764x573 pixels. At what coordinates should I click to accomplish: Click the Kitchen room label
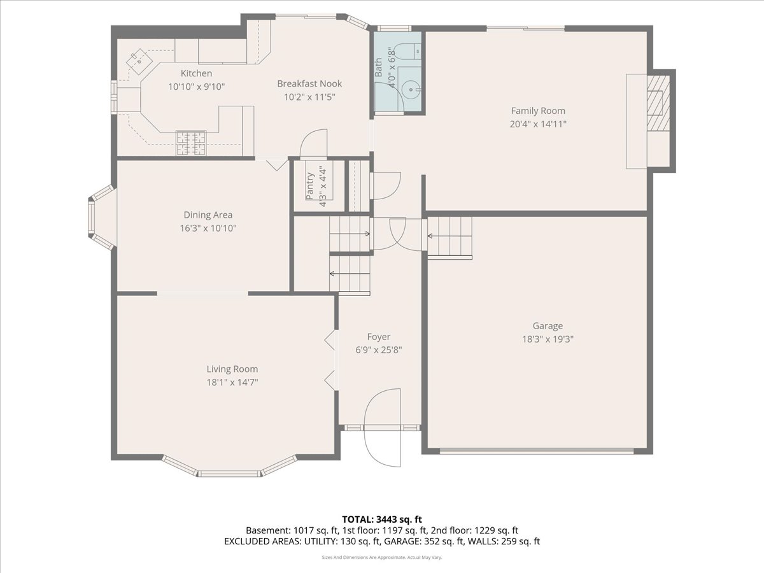pyautogui.click(x=196, y=73)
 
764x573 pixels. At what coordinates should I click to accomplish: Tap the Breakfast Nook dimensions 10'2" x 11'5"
pyautogui.click(x=309, y=97)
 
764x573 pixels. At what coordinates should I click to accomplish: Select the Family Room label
pyautogui.click(x=538, y=111)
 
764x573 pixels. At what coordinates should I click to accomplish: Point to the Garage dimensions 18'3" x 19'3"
pyautogui.click(x=548, y=339)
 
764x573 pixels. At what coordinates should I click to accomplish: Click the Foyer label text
pyautogui.click(x=379, y=337)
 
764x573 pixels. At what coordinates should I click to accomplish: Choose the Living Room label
pyautogui.click(x=232, y=369)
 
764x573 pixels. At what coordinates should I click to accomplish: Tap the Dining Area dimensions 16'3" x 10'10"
pyautogui.click(x=208, y=228)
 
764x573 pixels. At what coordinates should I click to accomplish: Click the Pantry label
pyautogui.click(x=310, y=186)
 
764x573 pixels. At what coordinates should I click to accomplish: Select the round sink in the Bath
pyautogui.click(x=411, y=89)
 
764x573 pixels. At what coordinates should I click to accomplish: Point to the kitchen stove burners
pyautogui.click(x=191, y=143)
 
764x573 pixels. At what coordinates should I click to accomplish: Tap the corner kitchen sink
pyautogui.click(x=139, y=62)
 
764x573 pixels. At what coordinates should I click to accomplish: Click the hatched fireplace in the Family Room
pyautogui.click(x=658, y=103)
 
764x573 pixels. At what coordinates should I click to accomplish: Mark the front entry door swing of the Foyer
pyautogui.click(x=383, y=428)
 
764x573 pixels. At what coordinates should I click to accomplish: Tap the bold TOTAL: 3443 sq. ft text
pyautogui.click(x=382, y=520)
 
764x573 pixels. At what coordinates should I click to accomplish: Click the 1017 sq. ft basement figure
pyautogui.click(x=316, y=530)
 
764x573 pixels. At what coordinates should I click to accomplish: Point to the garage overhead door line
pyautogui.click(x=536, y=451)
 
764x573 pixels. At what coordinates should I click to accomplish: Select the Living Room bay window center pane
pyautogui.click(x=229, y=474)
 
